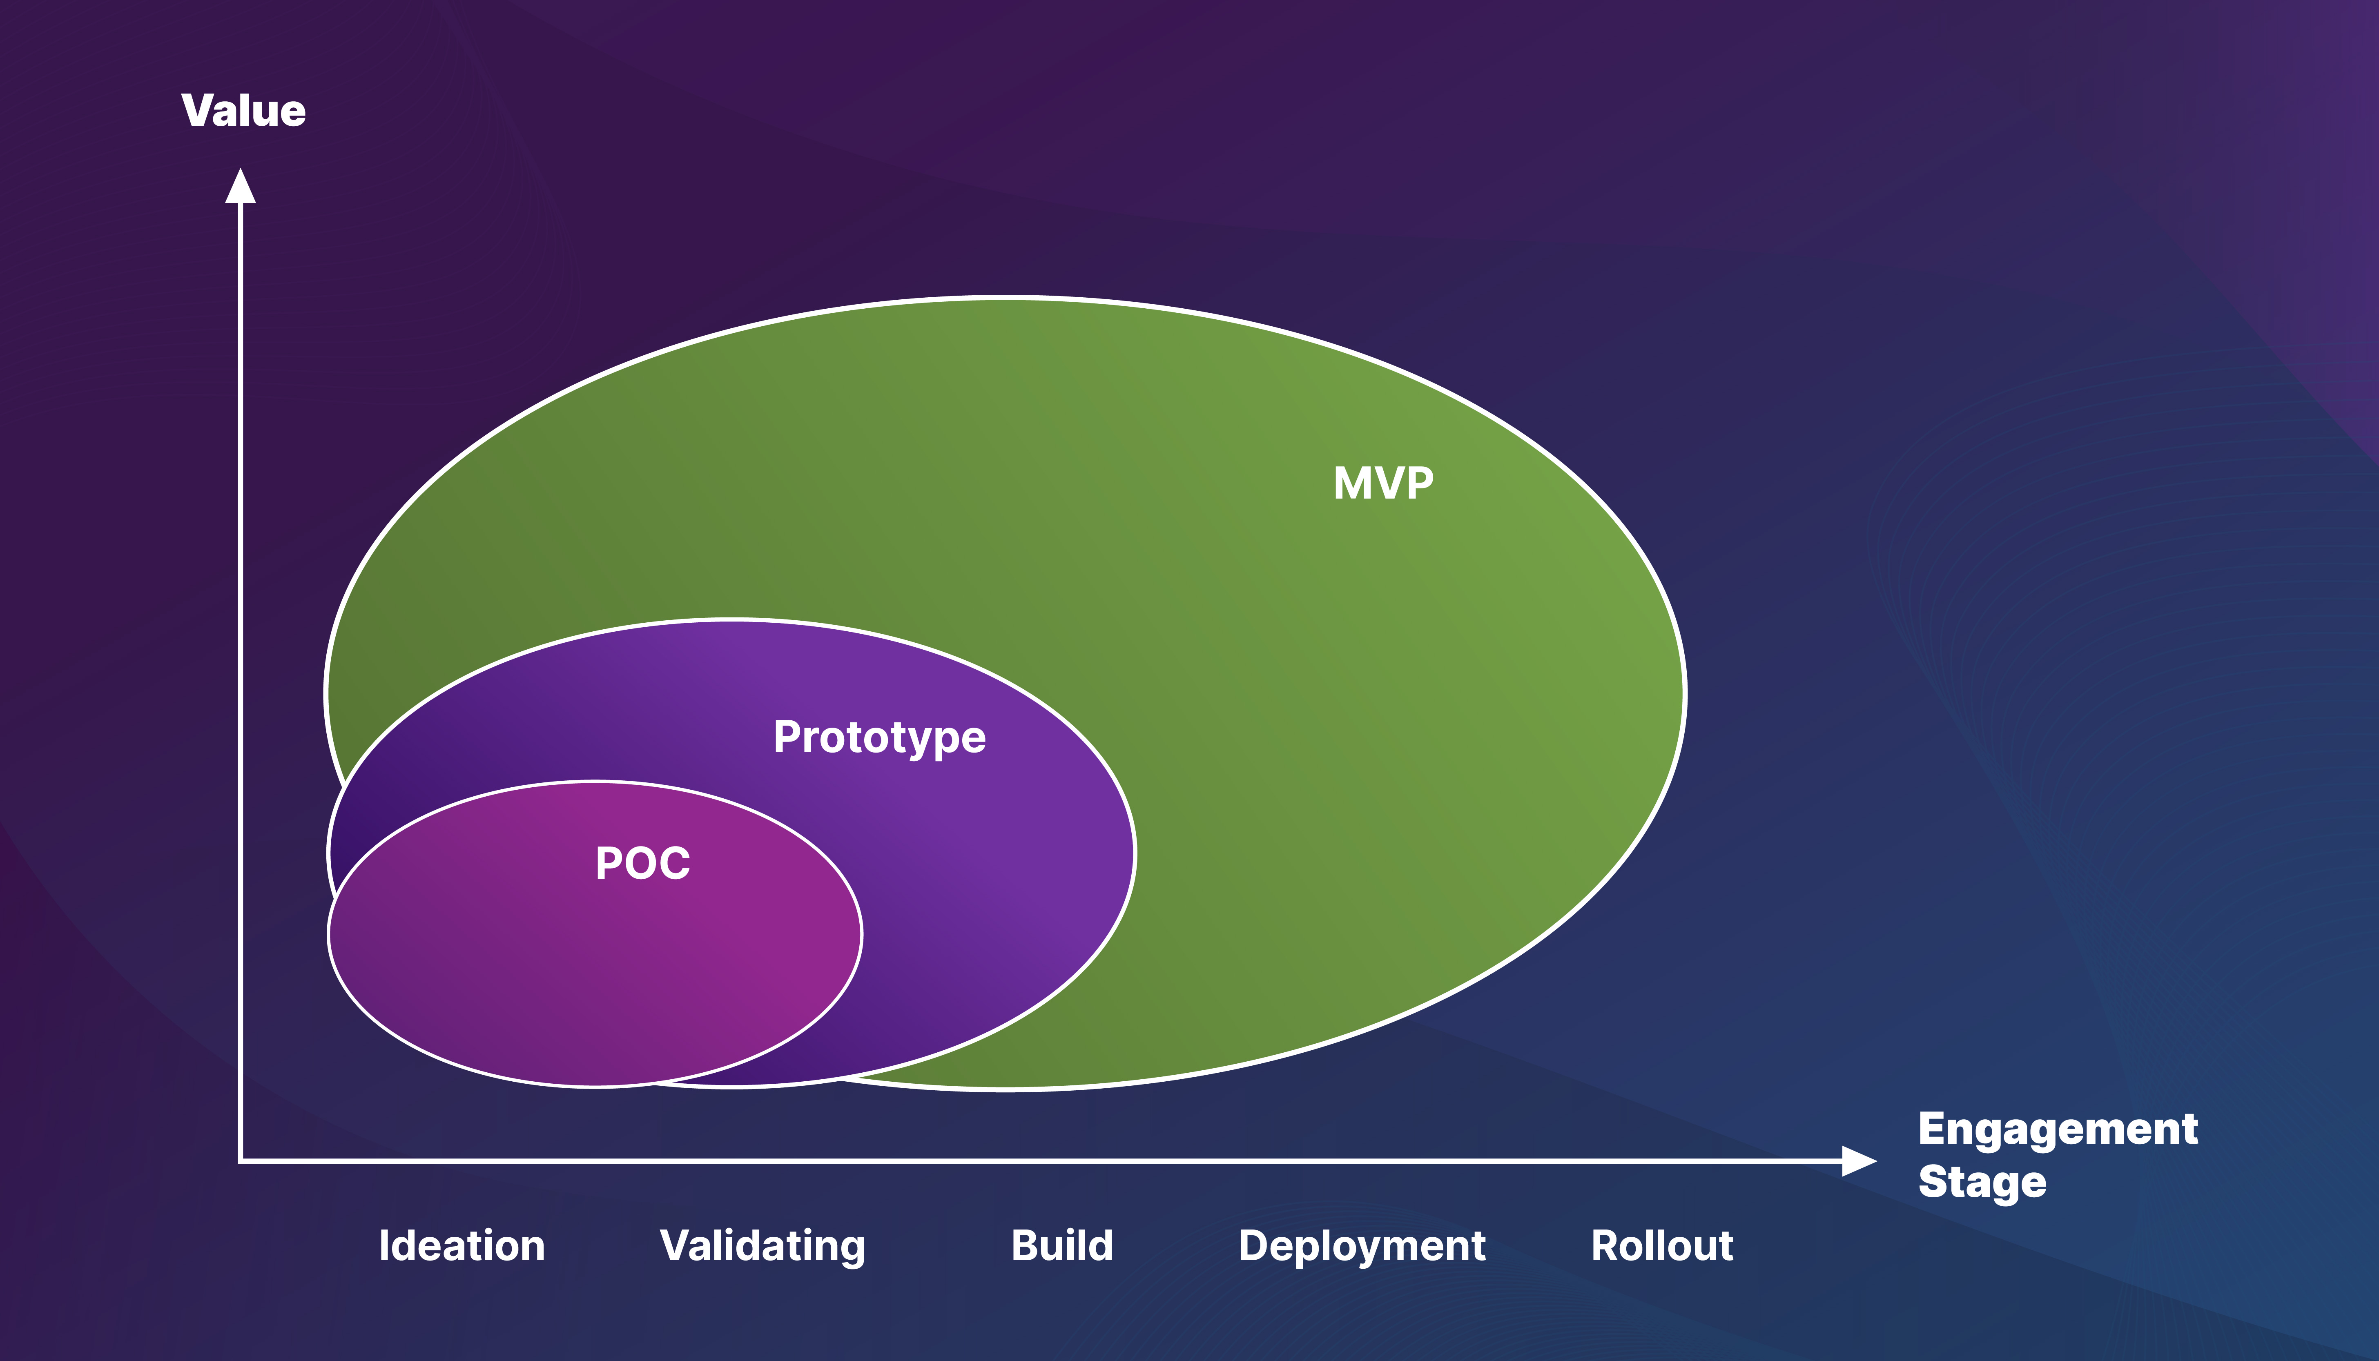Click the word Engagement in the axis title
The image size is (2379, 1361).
click(2058, 1129)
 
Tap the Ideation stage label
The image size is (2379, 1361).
click(462, 1246)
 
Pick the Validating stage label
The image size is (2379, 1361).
click(762, 1246)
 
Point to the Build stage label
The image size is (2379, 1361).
click(1062, 1246)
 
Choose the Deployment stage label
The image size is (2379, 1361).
click(1362, 1246)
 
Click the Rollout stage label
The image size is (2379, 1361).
click(1662, 1246)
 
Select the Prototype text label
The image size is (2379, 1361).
click(878, 737)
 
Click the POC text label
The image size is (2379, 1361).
click(643, 863)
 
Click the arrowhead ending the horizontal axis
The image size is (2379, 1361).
click(1858, 1161)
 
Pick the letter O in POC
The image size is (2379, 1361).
click(643, 863)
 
